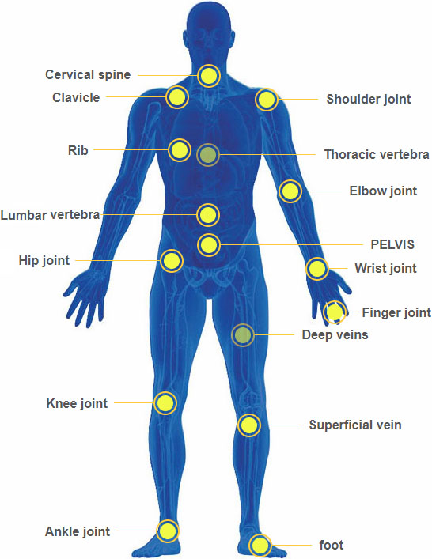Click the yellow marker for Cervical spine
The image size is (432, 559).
[209, 76]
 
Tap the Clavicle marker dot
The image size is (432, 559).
[177, 97]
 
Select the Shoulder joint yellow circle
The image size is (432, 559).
[267, 100]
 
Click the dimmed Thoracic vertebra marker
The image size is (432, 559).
[208, 155]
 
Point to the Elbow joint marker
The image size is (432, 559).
[290, 191]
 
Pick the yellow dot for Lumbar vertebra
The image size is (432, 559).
[208, 215]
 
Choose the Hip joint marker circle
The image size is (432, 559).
[172, 261]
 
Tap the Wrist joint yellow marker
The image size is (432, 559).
[317, 269]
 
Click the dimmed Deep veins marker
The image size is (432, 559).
[243, 334]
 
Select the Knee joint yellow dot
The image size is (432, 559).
[165, 403]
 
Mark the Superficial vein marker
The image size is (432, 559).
[249, 425]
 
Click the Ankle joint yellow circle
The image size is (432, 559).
[167, 531]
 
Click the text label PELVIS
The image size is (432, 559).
[392, 244]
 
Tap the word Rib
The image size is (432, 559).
[78, 150]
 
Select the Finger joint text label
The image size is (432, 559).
[396, 312]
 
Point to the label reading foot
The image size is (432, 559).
[331, 545]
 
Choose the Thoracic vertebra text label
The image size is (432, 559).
[377, 154]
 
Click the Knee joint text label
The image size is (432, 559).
[77, 403]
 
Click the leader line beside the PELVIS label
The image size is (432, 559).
[291, 245]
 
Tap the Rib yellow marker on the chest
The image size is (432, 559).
[179, 150]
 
